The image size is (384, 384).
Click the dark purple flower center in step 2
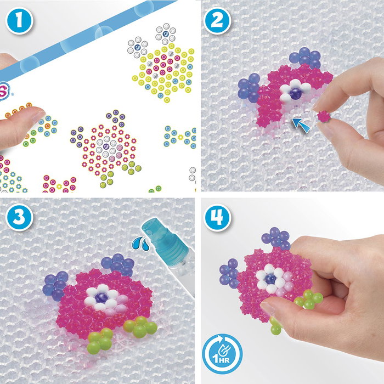(296, 93)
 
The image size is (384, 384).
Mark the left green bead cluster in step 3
(99, 338)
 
